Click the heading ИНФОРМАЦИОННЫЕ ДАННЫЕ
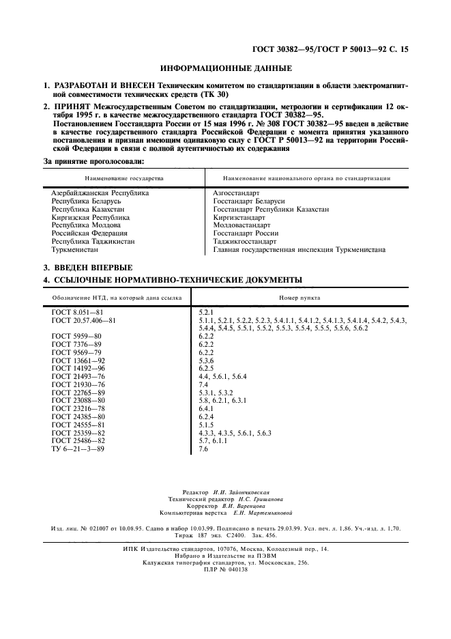point(226,68)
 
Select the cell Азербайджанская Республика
point(100,193)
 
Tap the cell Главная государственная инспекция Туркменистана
point(299,250)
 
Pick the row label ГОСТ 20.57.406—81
point(85,320)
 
